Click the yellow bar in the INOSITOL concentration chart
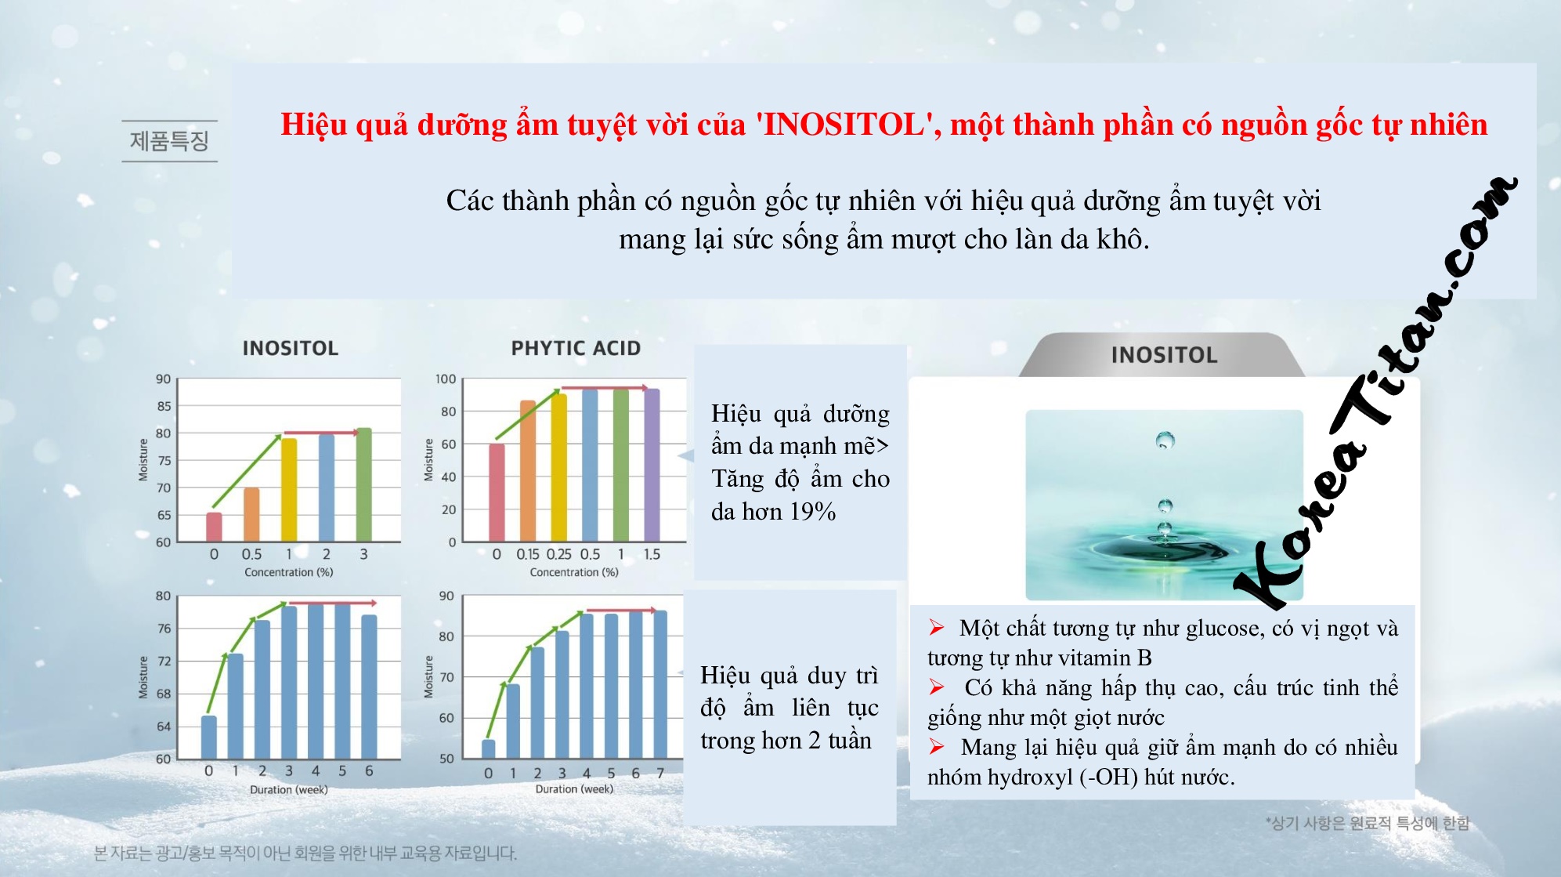[x=289, y=490]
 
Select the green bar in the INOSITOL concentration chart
[x=364, y=485]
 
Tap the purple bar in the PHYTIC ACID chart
[x=652, y=465]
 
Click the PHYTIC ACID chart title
[x=576, y=348]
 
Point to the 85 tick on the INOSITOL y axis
[x=164, y=406]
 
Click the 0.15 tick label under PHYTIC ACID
[x=527, y=554]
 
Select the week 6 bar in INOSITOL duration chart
[x=369, y=687]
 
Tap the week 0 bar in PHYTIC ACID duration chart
[x=489, y=749]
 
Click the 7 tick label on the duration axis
[x=660, y=773]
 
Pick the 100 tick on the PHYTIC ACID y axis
[x=446, y=379]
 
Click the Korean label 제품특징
[x=169, y=141]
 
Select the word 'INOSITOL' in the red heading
[x=844, y=125]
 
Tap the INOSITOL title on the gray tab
[x=1164, y=355]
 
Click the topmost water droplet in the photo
[x=1165, y=440]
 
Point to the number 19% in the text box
[x=812, y=512]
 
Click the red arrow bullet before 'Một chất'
[x=937, y=627]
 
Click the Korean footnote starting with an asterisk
[x=1368, y=823]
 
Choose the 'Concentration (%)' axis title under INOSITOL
[x=289, y=572]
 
